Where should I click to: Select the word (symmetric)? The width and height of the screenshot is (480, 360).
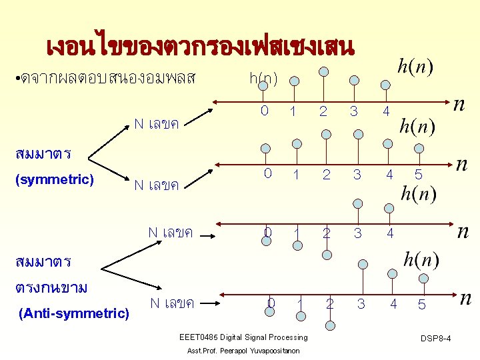(x=54, y=179)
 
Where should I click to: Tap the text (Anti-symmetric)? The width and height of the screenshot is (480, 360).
(x=74, y=312)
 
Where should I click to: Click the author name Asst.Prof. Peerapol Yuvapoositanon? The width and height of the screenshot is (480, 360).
(x=243, y=351)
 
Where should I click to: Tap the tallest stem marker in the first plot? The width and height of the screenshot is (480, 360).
(x=323, y=71)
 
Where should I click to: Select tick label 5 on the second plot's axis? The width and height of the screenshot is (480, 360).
(x=418, y=175)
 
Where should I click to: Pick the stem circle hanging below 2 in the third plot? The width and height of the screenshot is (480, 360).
(x=327, y=254)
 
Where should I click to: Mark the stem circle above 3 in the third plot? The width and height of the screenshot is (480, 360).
(x=359, y=203)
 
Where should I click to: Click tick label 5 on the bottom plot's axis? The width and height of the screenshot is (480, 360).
(x=421, y=304)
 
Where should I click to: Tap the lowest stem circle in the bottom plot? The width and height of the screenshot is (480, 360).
(x=331, y=325)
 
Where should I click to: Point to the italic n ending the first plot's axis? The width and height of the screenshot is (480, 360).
(x=459, y=104)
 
